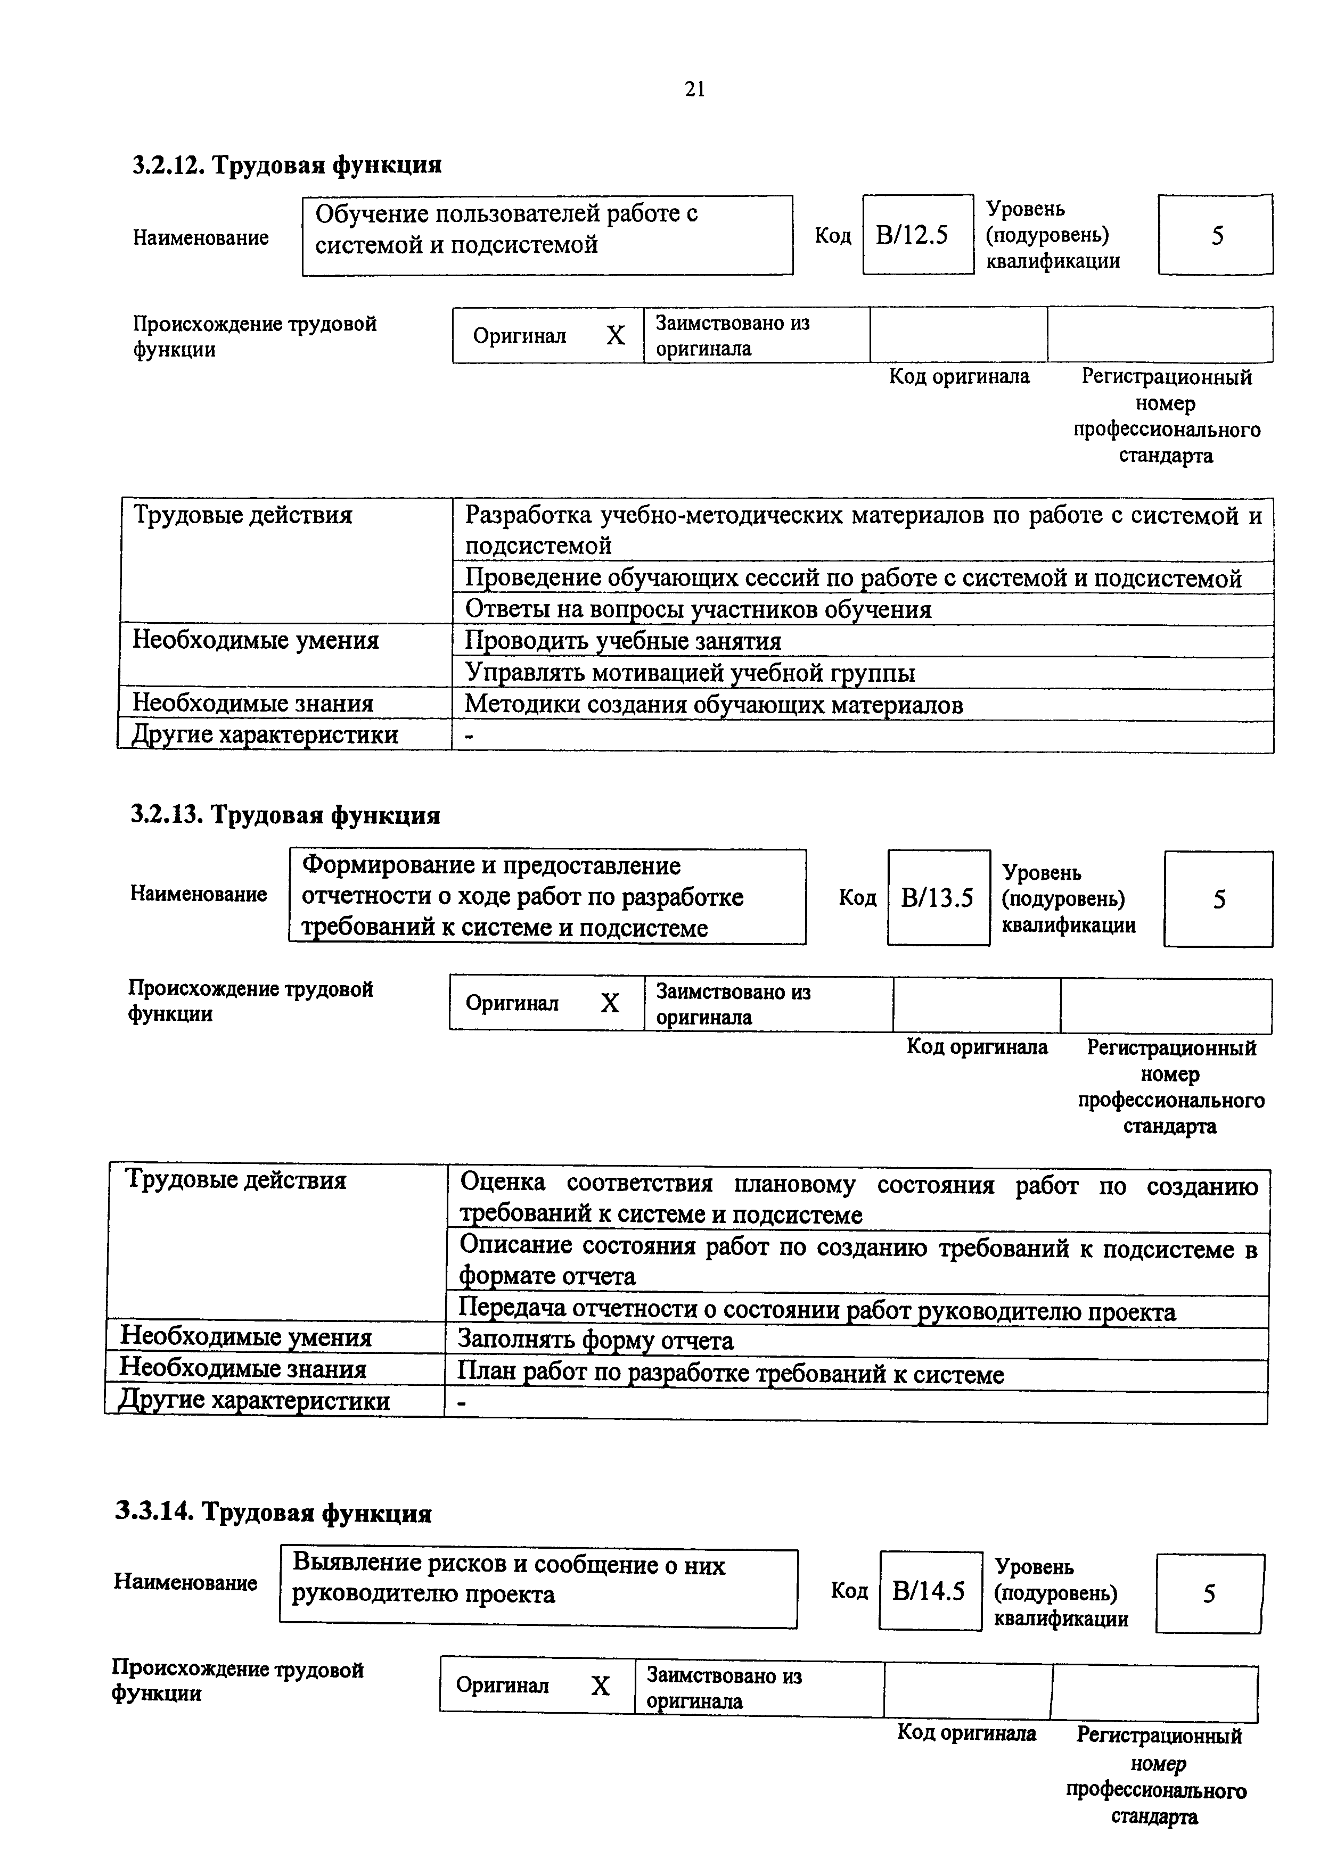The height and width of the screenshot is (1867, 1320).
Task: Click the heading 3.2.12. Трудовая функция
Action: tap(287, 165)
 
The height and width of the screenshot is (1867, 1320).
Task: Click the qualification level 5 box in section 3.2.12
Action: tap(1216, 235)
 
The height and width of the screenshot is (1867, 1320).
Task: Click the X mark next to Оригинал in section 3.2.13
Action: tap(610, 1003)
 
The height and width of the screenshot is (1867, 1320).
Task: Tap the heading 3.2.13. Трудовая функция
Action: tap(285, 815)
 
